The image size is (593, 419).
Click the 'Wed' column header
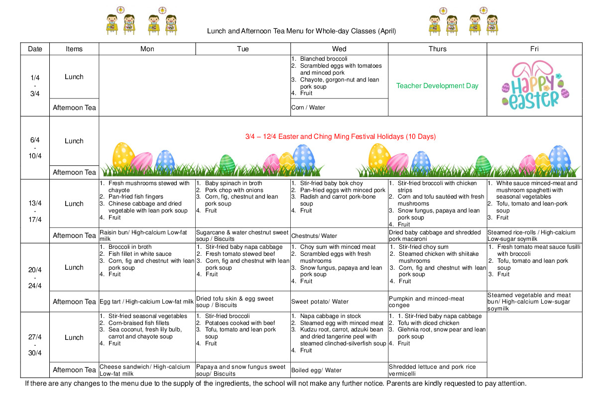coord(339,49)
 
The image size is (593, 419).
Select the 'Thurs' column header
coord(437,49)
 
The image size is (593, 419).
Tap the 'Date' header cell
coord(35,49)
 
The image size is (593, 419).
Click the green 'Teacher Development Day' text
coord(437,86)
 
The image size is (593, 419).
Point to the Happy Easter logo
coord(535,86)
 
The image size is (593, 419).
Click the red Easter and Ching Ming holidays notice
coord(340,136)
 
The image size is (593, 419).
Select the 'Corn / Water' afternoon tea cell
coord(308,107)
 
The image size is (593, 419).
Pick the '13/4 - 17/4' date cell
coord(35,211)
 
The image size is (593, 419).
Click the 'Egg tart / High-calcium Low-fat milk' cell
coord(146,302)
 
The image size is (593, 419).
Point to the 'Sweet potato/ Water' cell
coord(320,302)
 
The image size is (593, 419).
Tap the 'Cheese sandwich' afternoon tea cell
coord(144,370)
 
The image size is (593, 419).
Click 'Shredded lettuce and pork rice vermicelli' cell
coord(432,370)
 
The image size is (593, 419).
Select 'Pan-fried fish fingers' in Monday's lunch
coord(135,197)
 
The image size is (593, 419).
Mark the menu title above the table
coord(301,31)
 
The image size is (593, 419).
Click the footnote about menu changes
coord(275,384)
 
